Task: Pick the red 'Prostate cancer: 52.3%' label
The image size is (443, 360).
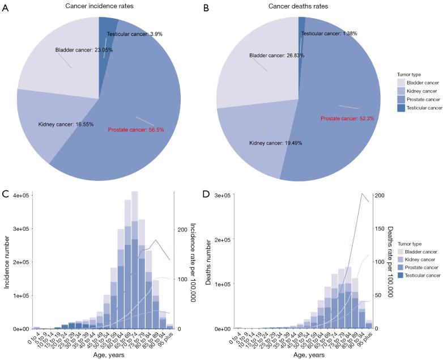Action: coord(348,118)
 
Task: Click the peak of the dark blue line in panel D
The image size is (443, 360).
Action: coord(362,193)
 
